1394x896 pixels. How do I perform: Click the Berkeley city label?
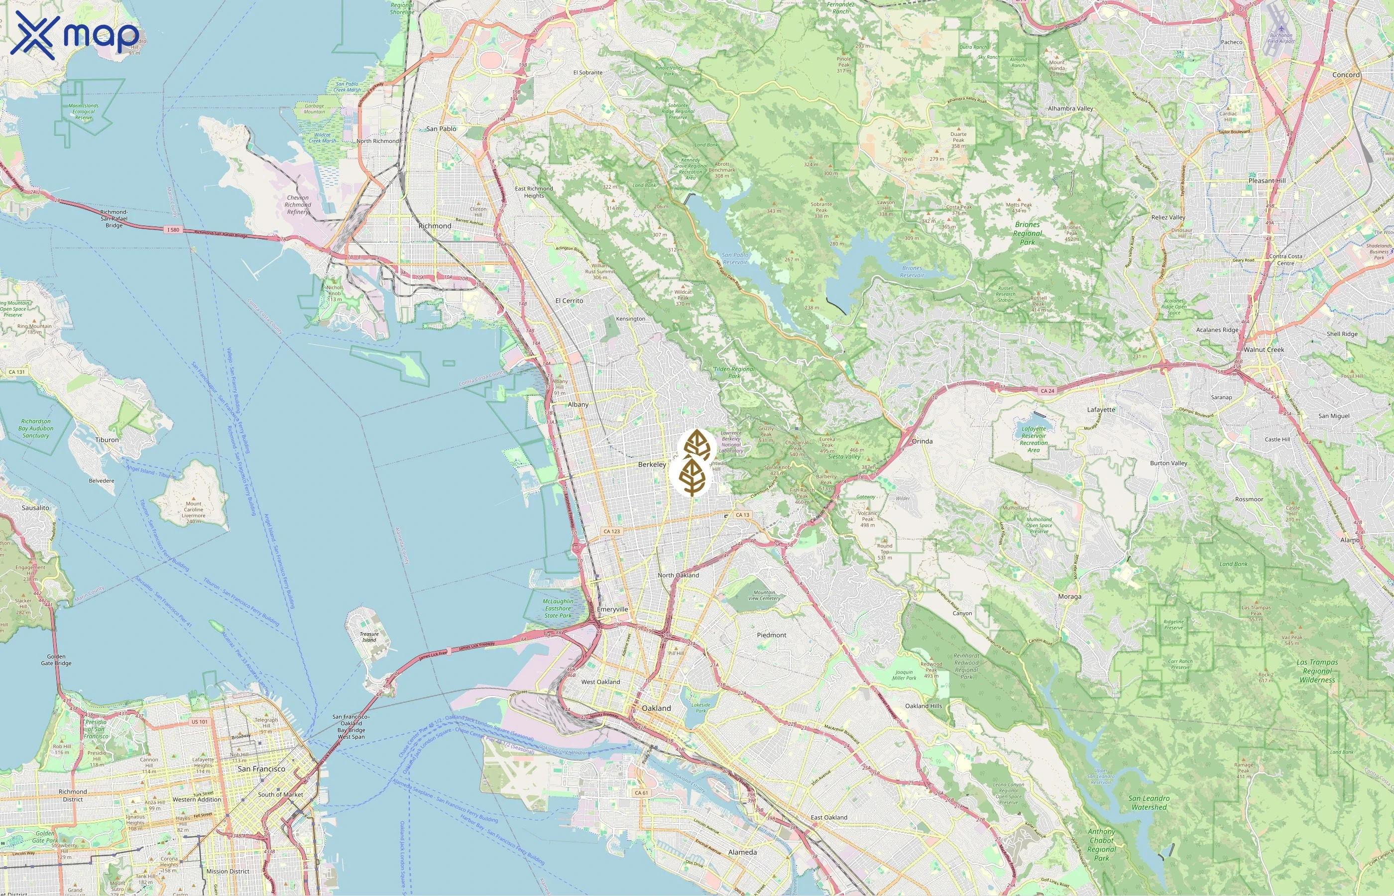[652, 464]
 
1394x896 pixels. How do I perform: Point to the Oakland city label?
[656, 708]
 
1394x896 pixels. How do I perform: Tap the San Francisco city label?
[261, 769]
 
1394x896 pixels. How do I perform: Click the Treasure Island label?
[369, 637]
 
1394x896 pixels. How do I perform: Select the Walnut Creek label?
[1263, 349]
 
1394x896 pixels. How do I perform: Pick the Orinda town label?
[922, 441]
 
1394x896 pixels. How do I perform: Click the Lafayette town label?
[1101, 410]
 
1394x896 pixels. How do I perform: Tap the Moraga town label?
[1069, 596]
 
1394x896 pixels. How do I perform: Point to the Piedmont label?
[772, 635]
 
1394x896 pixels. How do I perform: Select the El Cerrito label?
[569, 301]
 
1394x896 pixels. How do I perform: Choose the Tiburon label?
[107, 440]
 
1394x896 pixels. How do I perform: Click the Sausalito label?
[35, 507]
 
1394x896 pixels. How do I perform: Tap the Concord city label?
[1346, 75]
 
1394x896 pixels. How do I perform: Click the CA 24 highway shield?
[1047, 391]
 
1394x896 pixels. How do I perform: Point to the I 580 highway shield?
[173, 230]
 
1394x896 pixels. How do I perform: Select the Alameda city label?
[742, 852]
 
